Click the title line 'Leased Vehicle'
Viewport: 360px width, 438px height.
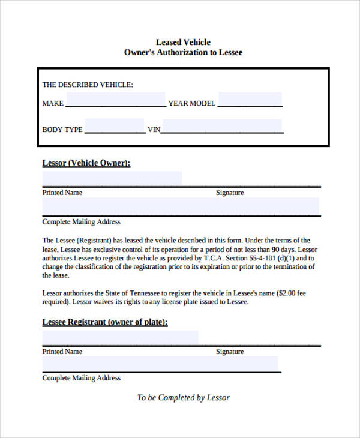pos(183,42)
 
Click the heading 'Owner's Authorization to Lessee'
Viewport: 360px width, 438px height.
pos(183,53)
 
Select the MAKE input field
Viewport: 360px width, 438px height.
pos(115,100)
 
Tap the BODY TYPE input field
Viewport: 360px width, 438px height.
pos(114,126)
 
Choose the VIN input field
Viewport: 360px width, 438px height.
pos(222,126)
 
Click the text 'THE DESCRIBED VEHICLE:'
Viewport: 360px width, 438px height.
pos(88,85)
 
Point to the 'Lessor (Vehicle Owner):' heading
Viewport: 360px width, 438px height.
pos(86,163)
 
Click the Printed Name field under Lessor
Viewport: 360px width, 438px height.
pos(112,178)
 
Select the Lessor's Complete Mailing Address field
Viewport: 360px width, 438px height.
pos(180,206)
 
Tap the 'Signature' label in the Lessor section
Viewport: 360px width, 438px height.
pos(230,193)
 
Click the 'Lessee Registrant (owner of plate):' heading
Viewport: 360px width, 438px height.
pos(105,322)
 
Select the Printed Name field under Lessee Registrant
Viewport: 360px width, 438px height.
pos(120,337)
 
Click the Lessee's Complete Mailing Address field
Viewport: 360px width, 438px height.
pos(160,364)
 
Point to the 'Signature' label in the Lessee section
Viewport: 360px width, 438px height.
pos(230,352)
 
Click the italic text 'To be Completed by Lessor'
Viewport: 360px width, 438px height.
pos(183,397)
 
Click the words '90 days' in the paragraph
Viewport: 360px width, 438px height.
pos(282,249)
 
